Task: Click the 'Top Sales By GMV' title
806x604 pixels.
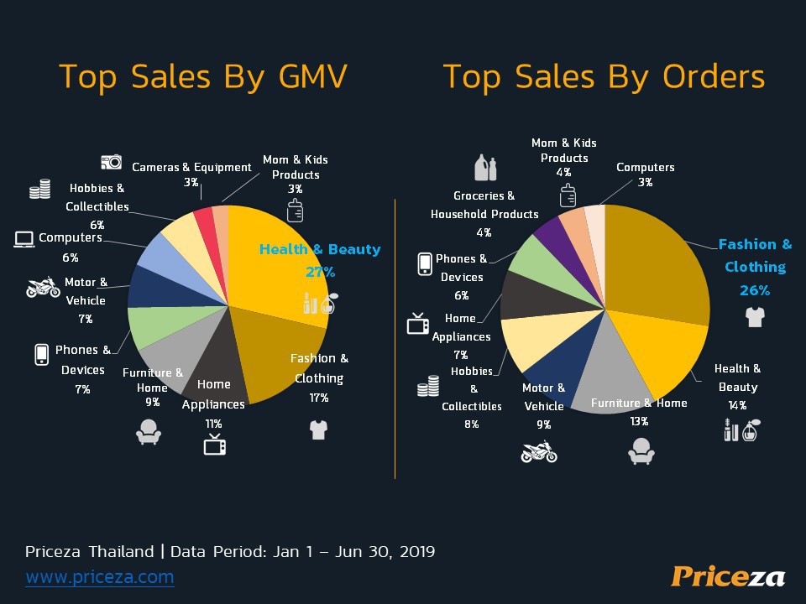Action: point(202,76)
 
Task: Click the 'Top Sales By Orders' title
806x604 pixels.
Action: point(604,76)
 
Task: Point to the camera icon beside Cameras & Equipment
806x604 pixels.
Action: point(111,161)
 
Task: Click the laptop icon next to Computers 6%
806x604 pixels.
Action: point(24,239)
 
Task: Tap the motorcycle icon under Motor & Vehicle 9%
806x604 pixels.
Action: point(538,451)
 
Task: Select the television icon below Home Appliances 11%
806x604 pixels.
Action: point(214,445)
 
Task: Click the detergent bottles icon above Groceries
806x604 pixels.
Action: point(485,168)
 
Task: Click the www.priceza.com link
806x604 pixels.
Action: point(100,577)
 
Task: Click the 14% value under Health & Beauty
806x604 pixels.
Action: point(737,405)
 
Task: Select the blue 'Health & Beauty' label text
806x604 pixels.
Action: point(319,249)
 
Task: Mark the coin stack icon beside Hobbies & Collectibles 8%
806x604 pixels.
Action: point(428,386)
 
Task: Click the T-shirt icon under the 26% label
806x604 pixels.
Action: point(754,317)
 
